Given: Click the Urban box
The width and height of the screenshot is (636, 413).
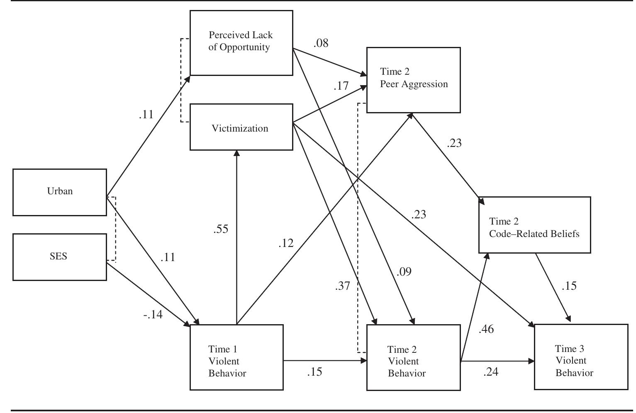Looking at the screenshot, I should [60, 192].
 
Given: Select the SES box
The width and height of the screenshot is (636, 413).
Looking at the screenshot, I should [60, 257].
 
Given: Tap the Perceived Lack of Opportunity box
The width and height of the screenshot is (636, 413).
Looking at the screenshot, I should [241, 43].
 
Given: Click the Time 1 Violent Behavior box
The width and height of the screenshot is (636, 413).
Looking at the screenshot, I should [236, 357].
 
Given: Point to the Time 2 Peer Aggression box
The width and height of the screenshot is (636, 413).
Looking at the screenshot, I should [413, 80].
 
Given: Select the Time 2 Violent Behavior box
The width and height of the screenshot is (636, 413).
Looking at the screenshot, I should [414, 357].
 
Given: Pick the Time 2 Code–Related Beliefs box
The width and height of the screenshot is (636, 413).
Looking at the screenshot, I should [534, 225].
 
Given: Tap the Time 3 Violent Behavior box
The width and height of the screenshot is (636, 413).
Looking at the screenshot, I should [581, 357].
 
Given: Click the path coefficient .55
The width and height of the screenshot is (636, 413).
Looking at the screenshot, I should [221, 229].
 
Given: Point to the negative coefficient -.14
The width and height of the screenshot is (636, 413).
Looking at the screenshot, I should [153, 315].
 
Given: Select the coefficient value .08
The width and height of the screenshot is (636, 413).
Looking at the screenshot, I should [321, 43].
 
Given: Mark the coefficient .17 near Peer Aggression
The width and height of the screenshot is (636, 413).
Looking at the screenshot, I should [341, 86].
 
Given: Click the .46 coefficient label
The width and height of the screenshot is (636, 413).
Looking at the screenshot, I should [486, 330].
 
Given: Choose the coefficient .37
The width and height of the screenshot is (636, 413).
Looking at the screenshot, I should [342, 286].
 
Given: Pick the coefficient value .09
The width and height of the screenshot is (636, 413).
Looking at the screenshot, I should [404, 272].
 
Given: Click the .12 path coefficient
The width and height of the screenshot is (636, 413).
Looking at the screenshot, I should [286, 243].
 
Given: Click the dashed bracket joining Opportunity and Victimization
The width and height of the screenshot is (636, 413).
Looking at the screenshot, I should [181, 80].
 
